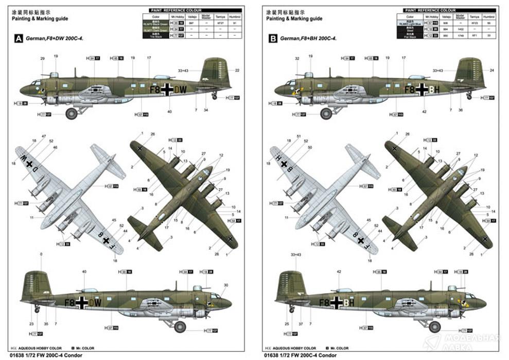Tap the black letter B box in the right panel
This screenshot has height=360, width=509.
tap(273, 38)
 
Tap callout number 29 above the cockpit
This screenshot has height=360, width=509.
tap(43, 59)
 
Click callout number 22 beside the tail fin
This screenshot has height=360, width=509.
tap(237, 70)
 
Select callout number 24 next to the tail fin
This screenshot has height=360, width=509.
tap(492, 70)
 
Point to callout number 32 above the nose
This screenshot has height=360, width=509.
tap(297, 59)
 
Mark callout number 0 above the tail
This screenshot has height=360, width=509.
tap(41, 255)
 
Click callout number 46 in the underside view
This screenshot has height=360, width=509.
tap(55, 148)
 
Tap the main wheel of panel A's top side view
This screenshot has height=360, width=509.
tap(72, 113)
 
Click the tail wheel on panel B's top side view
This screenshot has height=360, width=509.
tap(469, 96)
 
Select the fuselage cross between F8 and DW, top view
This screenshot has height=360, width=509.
tap(167, 89)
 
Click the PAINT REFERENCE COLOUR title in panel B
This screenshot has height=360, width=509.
tap(429, 10)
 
